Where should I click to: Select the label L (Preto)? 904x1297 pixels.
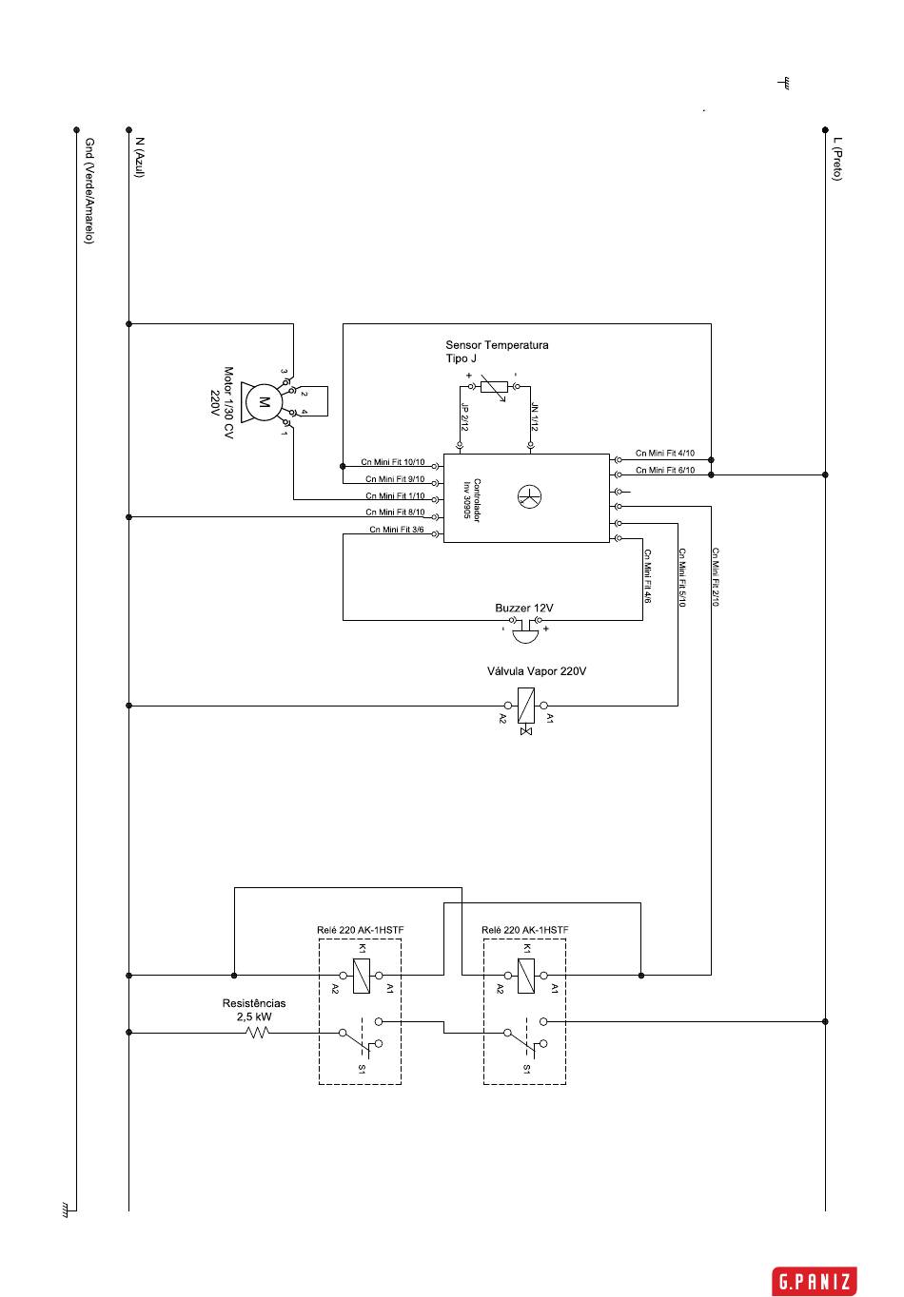pyautogui.click(x=836, y=159)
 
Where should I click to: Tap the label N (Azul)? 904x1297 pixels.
pyautogui.click(x=140, y=158)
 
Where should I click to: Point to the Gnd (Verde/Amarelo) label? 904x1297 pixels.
pyautogui.click(x=89, y=191)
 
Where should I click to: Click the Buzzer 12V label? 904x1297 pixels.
pyautogui.click(x=524, y=608)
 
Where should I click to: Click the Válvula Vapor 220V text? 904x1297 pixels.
pyautogui.click(x=536, y=671)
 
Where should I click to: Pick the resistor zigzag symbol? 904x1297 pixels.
pyautogui.click(x=258, y=1033)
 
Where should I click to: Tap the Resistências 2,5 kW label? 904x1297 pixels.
pyautogui.click(x=254, y=1010)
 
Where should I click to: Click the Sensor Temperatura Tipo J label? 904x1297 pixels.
pyautogui.click(x=497, y=352)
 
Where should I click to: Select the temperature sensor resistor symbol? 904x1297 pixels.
pyautogui.click(x=494, y=387)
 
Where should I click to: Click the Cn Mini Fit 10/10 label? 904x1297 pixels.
pyautogui.click(x=392, y=462)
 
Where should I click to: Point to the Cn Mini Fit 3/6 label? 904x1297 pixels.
pyautogui.click(x=397, y=530)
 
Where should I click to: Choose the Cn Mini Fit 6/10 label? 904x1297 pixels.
pyautogui.click(x=664, y=470)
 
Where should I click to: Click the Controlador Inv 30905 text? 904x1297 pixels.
pyautogui.click(x=471, y=500)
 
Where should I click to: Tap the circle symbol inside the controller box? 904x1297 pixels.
pyautogui.click(x=529, y=497)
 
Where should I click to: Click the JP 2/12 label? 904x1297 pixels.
pyautogui.click(x=464, y=417)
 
